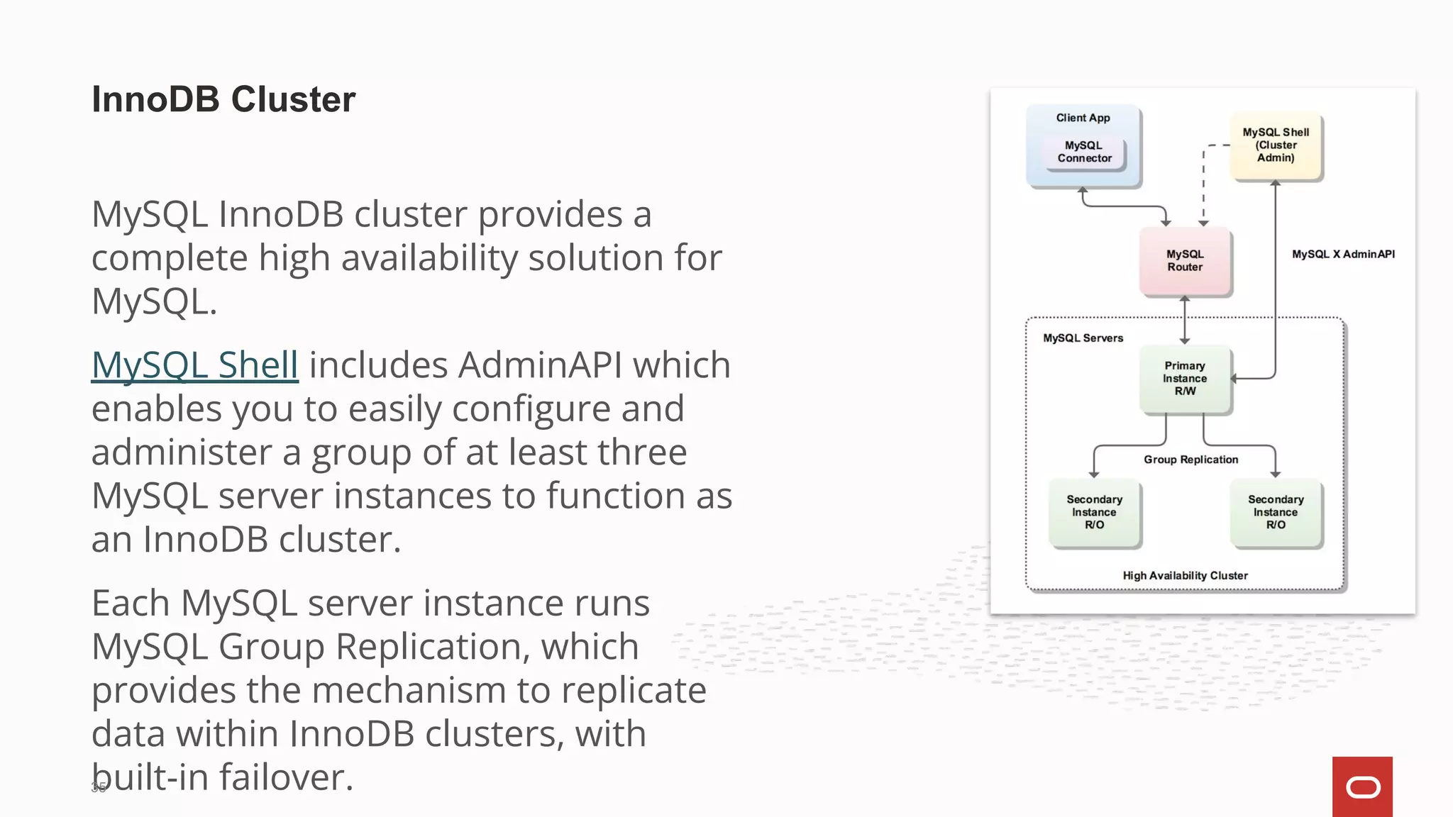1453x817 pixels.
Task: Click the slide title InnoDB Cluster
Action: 223,99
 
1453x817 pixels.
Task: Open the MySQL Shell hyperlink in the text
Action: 195,365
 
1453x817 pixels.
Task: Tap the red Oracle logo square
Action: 1362,787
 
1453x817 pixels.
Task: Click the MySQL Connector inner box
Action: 1084,152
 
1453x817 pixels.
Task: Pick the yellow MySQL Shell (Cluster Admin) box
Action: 1276,145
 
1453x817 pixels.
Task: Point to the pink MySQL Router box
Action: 1185,261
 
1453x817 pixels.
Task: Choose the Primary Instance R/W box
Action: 1185,379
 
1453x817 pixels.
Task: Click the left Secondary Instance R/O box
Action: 1094,513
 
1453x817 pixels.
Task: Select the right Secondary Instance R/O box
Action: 1276,513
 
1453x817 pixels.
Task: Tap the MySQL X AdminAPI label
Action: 1343,255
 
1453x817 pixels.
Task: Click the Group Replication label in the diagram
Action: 1190,460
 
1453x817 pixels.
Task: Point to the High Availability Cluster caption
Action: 1185,576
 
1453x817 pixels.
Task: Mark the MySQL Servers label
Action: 1083,338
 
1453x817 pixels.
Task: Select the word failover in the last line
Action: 285,777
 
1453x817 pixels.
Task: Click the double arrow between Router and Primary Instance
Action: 1185,321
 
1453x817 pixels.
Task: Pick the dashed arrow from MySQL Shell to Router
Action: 1204,184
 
